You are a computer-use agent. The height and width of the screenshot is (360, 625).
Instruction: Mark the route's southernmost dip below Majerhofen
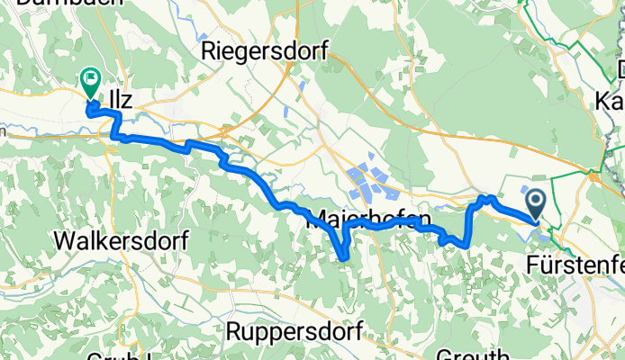[345, 259]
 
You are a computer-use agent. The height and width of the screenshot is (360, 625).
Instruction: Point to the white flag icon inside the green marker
[91, 78]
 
